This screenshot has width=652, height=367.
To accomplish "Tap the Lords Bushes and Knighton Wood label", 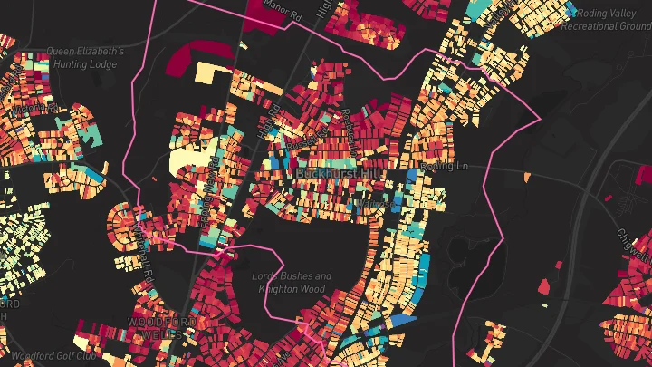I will pyautogui.click(x=292, y=281).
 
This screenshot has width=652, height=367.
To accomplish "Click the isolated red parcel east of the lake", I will pyautogui.click(x=545, y=286).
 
